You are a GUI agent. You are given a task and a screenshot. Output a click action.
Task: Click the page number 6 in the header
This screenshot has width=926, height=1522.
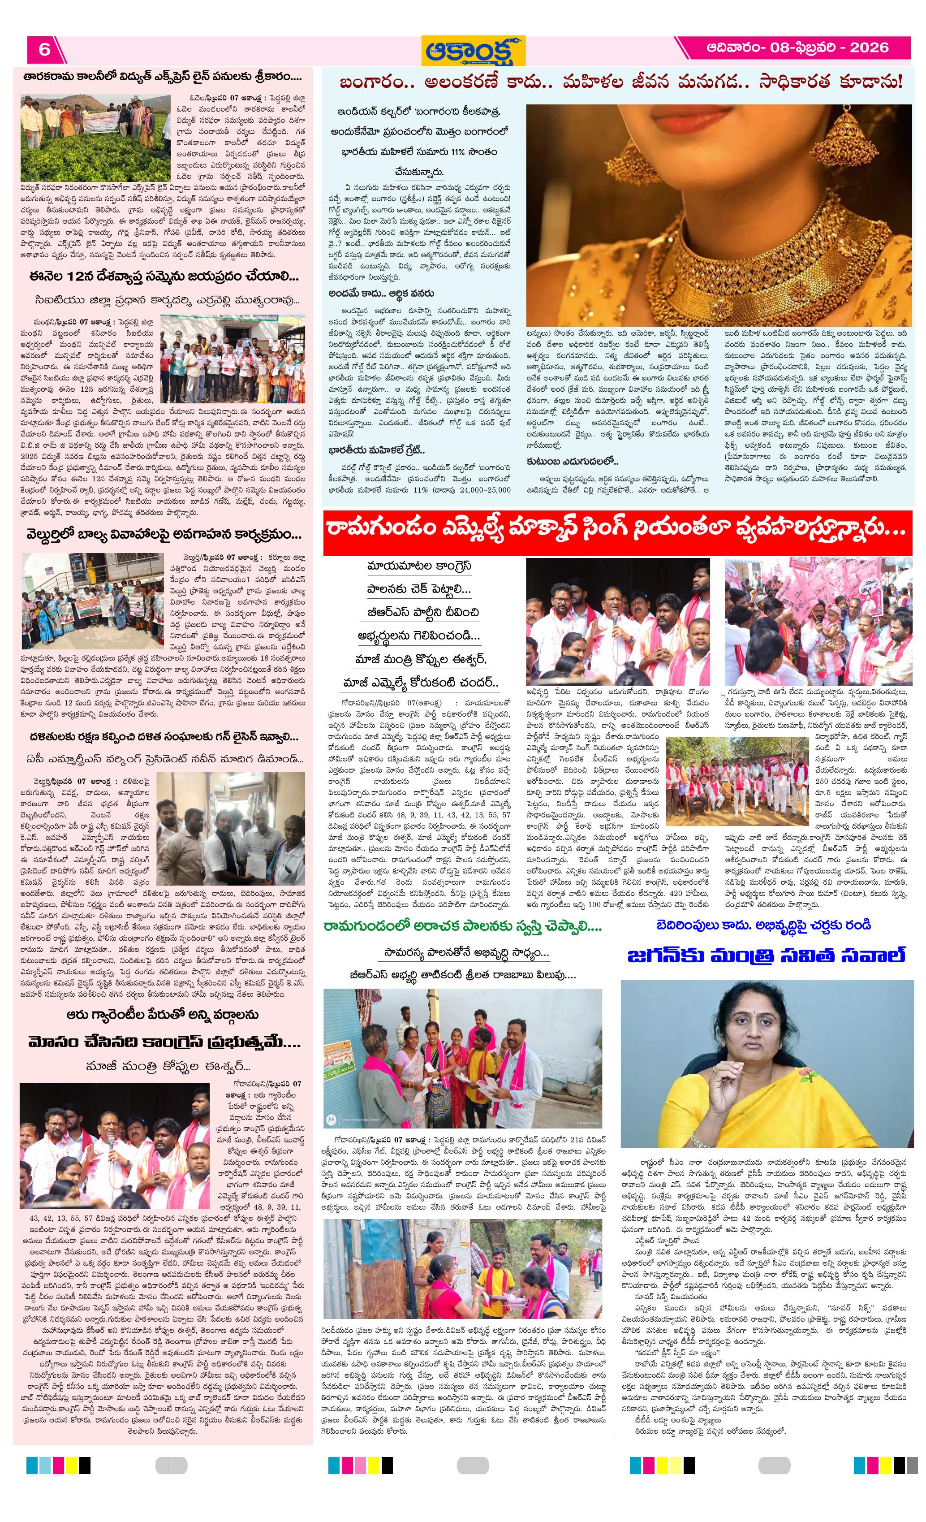coord(44,49)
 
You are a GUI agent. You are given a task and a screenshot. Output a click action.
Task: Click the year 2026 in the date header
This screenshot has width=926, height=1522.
coord(869,48)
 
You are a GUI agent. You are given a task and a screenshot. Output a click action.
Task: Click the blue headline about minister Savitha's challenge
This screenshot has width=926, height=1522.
coord(766,955)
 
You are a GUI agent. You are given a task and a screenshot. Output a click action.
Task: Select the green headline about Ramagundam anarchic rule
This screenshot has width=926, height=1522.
coord(462,926)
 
